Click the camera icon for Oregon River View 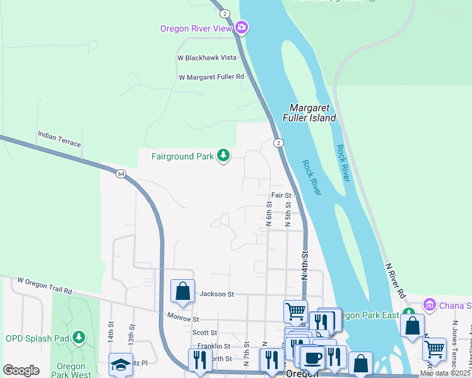(242, 28)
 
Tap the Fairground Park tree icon (223, 155)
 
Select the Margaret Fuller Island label (313, 113)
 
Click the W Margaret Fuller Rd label (211, 77)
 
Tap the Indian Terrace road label (59, 139)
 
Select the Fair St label (281, 196)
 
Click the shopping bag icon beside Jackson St (182, 291)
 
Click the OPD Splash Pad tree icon (79, 338)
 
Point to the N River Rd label (395, 280)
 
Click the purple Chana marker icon (430, 306)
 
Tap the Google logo (21, 370)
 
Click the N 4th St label (305, 266)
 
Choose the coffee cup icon (312, 358)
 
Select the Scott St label (204, 333)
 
